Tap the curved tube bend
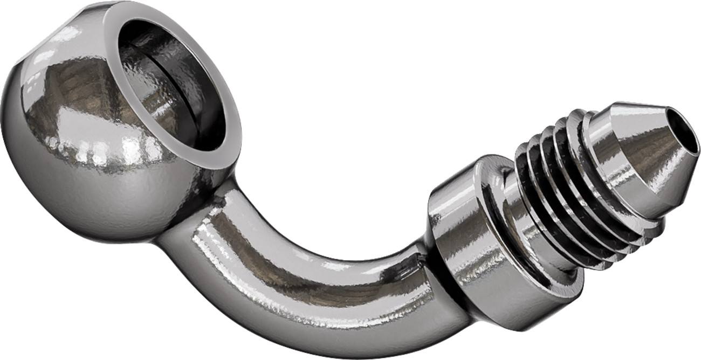(302, 280)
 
